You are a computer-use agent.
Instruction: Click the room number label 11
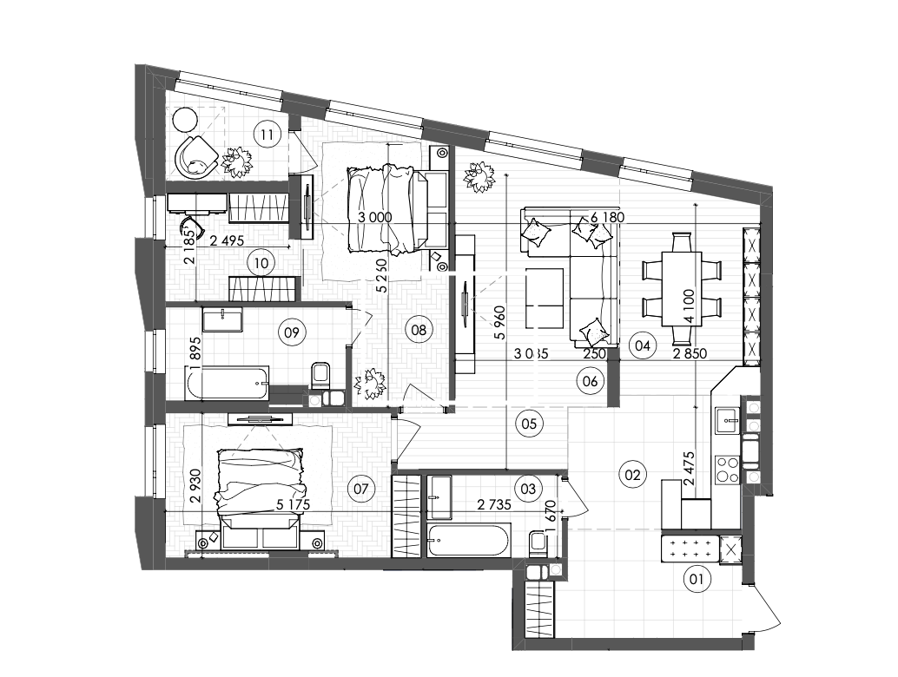[x=268, y=134]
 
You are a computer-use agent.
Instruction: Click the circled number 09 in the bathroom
[x=291, y=331]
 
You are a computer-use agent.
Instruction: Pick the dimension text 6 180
[x=608, y=217]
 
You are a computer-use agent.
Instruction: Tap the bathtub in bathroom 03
[x=468, y=542]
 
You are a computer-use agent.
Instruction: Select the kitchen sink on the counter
[x=725, y=423]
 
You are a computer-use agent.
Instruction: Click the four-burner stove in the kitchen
[x=725, y=469]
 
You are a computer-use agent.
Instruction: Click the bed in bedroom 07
[x=261, y=490]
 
